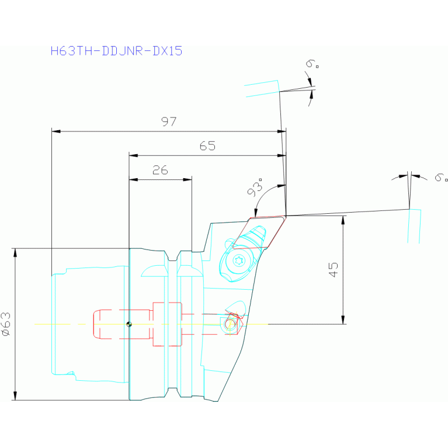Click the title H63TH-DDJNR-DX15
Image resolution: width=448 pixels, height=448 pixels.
(117, 51)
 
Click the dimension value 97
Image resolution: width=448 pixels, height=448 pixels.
(169, 121)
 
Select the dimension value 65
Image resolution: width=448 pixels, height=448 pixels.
(207, 146)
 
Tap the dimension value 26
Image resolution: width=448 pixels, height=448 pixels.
(160, 170)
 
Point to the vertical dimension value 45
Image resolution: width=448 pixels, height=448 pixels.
(334, 269)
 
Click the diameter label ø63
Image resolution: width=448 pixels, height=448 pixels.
(6, 324)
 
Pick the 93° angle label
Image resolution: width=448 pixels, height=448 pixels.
(255, 188)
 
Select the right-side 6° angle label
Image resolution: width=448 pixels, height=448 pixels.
(441, 176)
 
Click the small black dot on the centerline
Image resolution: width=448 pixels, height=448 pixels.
(130, 324)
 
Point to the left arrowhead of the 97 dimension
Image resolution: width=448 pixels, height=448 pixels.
(55, 131)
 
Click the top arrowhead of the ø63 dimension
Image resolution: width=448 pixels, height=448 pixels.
(15, 252)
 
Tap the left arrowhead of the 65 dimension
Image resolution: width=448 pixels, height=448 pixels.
(133, 155)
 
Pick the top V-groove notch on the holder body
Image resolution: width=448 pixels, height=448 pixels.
(172, 257)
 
